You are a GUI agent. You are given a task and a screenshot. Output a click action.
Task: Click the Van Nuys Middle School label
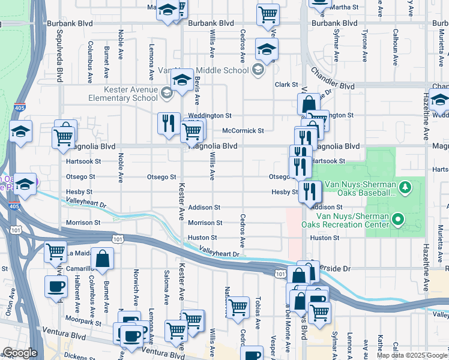click(203, 70)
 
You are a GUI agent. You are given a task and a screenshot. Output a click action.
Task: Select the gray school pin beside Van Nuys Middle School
click(258, 70)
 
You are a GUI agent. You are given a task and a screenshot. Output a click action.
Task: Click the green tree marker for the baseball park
click(406, 188)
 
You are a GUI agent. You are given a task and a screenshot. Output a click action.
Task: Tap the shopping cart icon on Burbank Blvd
click(268, 15)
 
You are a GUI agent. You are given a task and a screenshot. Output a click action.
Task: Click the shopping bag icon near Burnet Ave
click(103, 259)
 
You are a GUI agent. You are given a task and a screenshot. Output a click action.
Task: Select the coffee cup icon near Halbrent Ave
click(56, 287)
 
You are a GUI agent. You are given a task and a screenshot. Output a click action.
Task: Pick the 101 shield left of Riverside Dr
click(280, 274)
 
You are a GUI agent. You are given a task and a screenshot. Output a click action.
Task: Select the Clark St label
click(286, 85)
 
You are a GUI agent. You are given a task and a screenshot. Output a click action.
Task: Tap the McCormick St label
click(243, 131)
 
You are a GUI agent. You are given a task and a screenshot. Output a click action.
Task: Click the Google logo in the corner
click(20, 353)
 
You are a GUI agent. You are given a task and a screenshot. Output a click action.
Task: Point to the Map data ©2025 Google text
click(412, 355)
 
